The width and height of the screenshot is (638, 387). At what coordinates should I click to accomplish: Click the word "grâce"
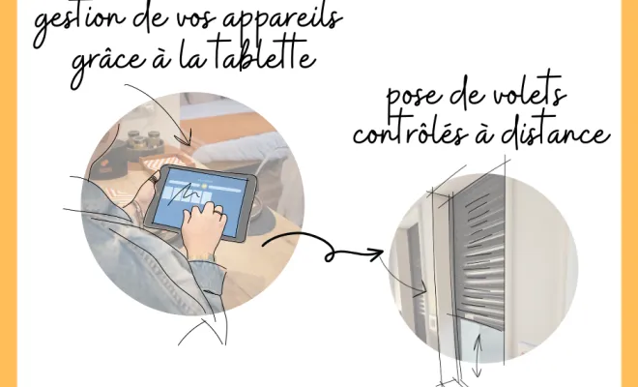[108, 65]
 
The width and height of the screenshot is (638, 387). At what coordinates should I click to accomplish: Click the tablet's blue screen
[201, 201]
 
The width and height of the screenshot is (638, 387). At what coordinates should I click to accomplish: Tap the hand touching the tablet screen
[203, 228]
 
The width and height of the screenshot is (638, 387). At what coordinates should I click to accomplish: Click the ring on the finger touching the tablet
[218, 212]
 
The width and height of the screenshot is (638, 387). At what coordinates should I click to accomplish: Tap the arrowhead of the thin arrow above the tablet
[186, 138]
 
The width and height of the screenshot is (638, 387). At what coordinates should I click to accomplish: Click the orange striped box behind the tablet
[162, 163]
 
